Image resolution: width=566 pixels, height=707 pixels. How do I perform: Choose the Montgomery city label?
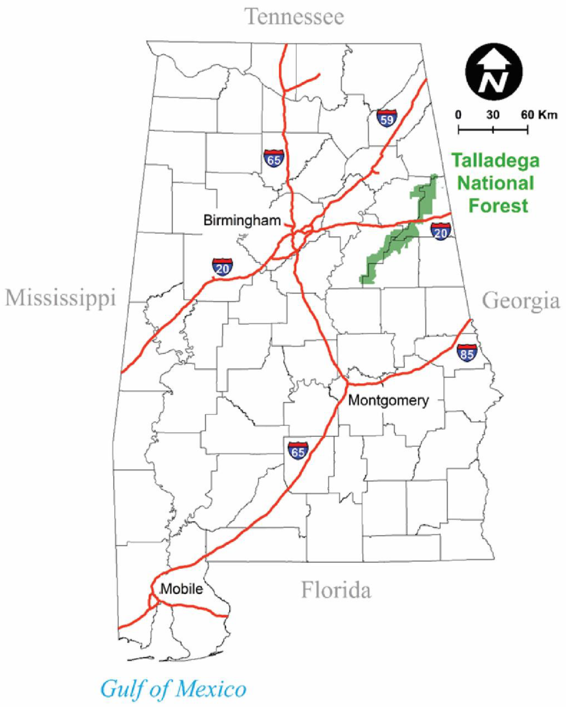click(x=388, y=400)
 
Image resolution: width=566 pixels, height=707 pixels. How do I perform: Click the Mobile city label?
click(x=181, y=589)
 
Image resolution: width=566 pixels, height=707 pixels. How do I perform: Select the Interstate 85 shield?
click(x=467, y=353)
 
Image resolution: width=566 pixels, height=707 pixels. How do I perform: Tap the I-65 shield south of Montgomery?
click(x=298, y=451)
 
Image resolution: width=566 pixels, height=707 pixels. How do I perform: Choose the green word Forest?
click(x=498, y=206)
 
